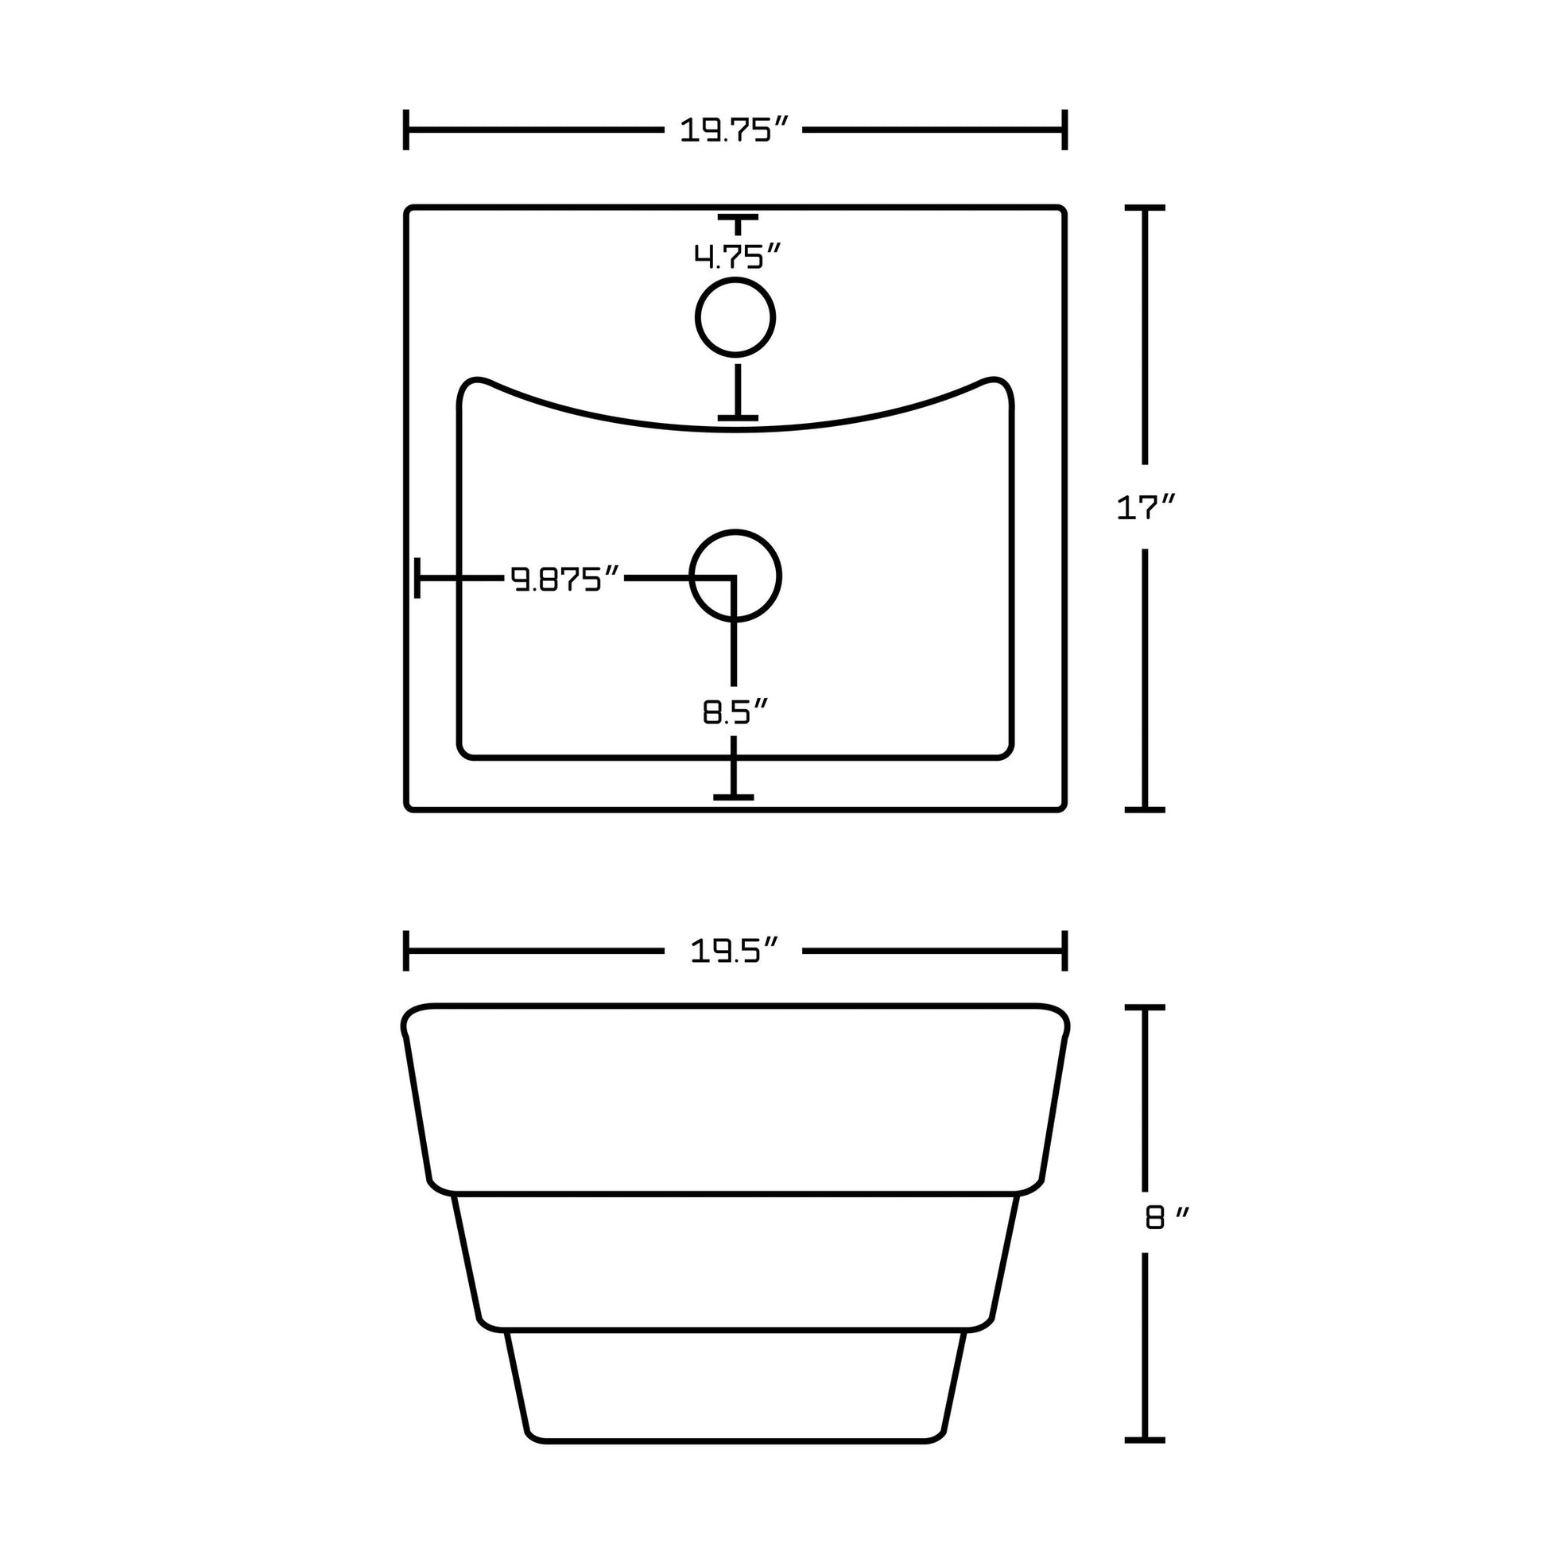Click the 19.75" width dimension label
[x=735, y=130]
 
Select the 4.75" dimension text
[x=736, y=257]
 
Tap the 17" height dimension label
[x=1146, y=508]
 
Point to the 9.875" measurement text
[x=566, y=578]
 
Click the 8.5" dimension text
[x=735, y=711]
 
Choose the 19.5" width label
[x=735, y=952]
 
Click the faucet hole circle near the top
[x=735, y=318]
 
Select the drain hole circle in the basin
[x=735, y=576]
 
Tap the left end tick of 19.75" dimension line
[x=407, y=130]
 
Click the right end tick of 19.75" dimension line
[x=1064, y=130]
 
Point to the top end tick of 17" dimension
[x=1145, y=208]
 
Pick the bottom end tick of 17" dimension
[x=1145, y=809]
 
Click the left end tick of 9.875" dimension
[x=417, y=578]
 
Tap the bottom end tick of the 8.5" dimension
[x=734, y=797]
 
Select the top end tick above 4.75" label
[x=737, y=218]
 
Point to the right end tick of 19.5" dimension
[x=1064, y=951]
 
